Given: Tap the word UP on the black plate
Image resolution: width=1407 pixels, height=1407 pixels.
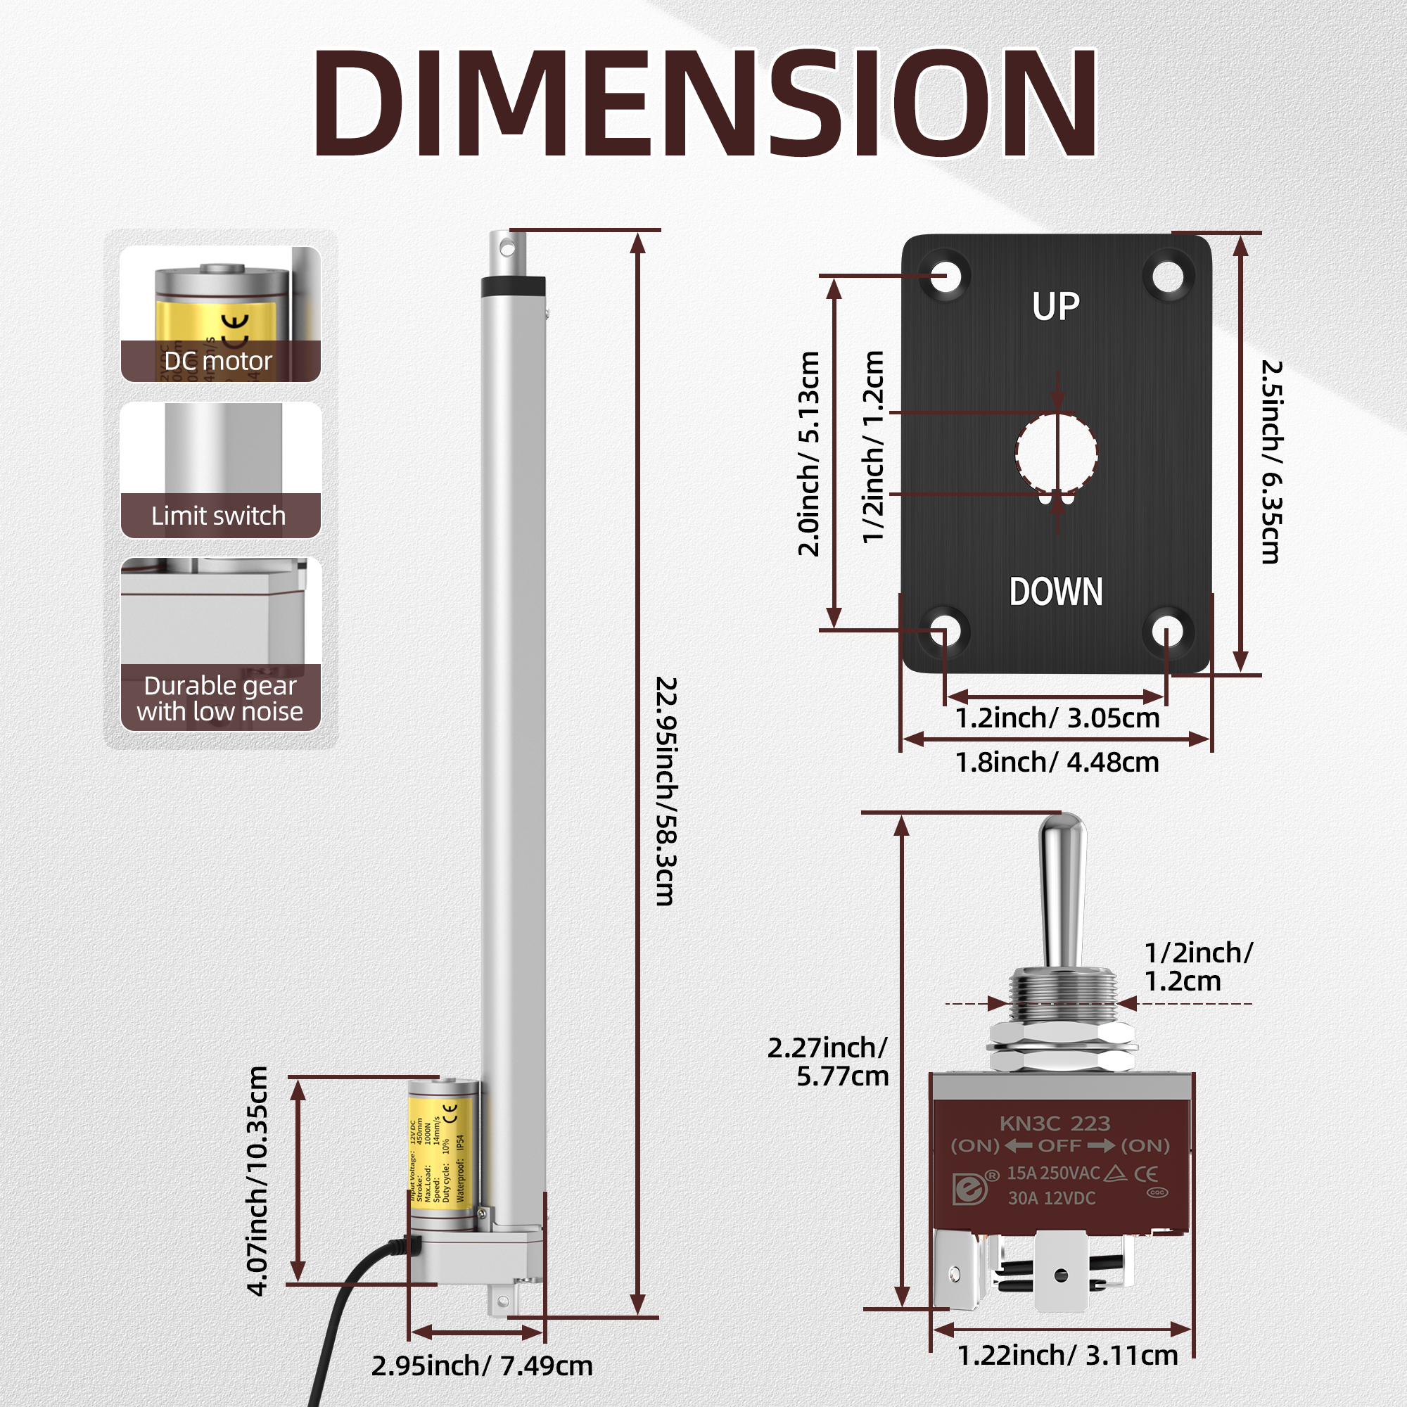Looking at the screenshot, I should click(1055, 307).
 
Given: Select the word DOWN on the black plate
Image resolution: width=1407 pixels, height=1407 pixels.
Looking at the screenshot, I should click(1055, 592).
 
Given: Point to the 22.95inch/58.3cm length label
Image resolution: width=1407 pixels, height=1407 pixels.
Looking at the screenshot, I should click(666, 791).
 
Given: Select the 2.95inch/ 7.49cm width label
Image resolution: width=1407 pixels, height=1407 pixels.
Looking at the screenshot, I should click(481, 1365).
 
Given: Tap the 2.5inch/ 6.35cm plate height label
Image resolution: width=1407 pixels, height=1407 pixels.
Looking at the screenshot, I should click(1271, 461).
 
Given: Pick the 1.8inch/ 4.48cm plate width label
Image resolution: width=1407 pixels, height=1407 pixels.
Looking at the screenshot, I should click(1057, 762).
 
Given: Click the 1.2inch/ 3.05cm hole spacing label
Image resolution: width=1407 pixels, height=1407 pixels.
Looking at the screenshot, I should click(1057, 718).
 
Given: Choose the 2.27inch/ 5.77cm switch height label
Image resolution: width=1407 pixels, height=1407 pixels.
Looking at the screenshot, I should click(829, 1062).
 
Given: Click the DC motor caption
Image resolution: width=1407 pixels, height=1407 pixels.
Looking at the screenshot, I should click(218, 361).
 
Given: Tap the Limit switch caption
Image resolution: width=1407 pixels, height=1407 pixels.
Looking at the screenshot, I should click(218, 516).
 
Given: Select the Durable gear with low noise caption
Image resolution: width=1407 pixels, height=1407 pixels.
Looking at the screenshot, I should click(219, 699).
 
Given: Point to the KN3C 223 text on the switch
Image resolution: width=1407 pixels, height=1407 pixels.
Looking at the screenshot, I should click(1055, 1123).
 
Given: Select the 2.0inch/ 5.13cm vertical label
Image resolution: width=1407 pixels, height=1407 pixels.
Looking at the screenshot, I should click(809, 453).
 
